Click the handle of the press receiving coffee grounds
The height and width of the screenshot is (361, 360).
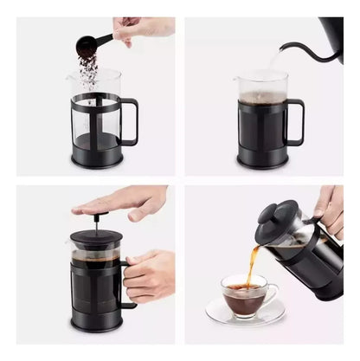click(131, 121)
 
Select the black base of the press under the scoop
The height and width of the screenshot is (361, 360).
click(96, 158)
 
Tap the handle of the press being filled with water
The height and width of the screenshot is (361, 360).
click(296, 121)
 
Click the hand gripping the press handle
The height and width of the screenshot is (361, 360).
click(152, 274)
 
